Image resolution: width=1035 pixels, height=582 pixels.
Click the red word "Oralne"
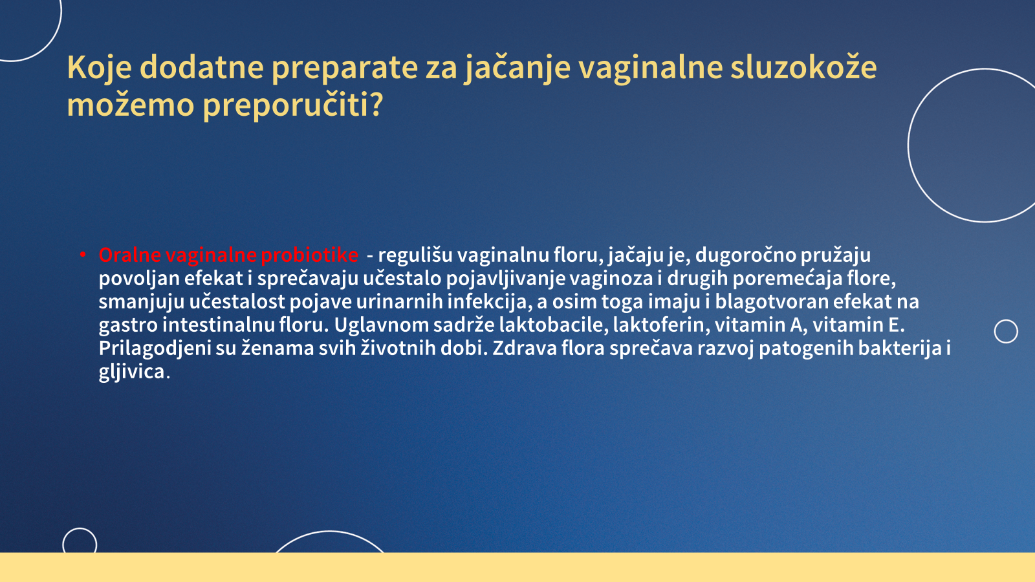pos(130,255)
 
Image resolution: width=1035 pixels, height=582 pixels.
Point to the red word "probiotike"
pos(310,255)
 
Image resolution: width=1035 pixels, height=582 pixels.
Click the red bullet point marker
pos(83,255)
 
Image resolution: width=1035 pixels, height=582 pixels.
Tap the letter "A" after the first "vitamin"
pos(796,325)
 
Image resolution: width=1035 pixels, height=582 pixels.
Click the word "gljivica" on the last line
pos(132,372)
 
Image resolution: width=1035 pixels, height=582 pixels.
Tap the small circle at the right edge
pos(1006,320)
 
